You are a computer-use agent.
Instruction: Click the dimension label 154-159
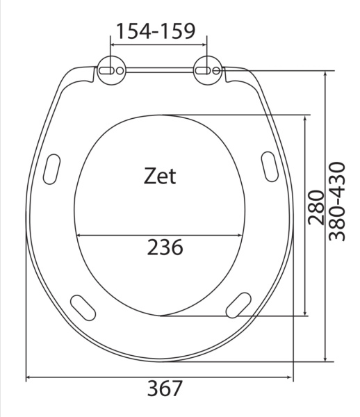(156, 31)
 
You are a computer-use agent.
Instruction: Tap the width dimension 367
(165, 389)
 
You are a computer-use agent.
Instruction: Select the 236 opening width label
(165, 247)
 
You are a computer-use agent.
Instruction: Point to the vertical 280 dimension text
(316, 207)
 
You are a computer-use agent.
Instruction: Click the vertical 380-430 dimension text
(337, 202)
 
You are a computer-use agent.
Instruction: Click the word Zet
(160, 176)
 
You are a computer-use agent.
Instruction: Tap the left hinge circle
(111, 70)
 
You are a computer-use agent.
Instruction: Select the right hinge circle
(208, 70)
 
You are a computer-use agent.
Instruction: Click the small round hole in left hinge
(120, 71)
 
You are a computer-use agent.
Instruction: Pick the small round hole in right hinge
(216, 71)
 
